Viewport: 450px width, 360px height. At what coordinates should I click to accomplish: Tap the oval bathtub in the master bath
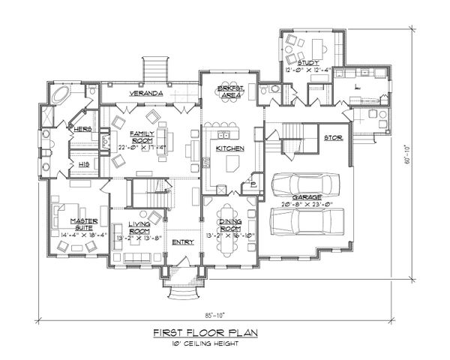(58, 95)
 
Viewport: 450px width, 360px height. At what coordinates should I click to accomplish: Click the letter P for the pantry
(253, 184)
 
